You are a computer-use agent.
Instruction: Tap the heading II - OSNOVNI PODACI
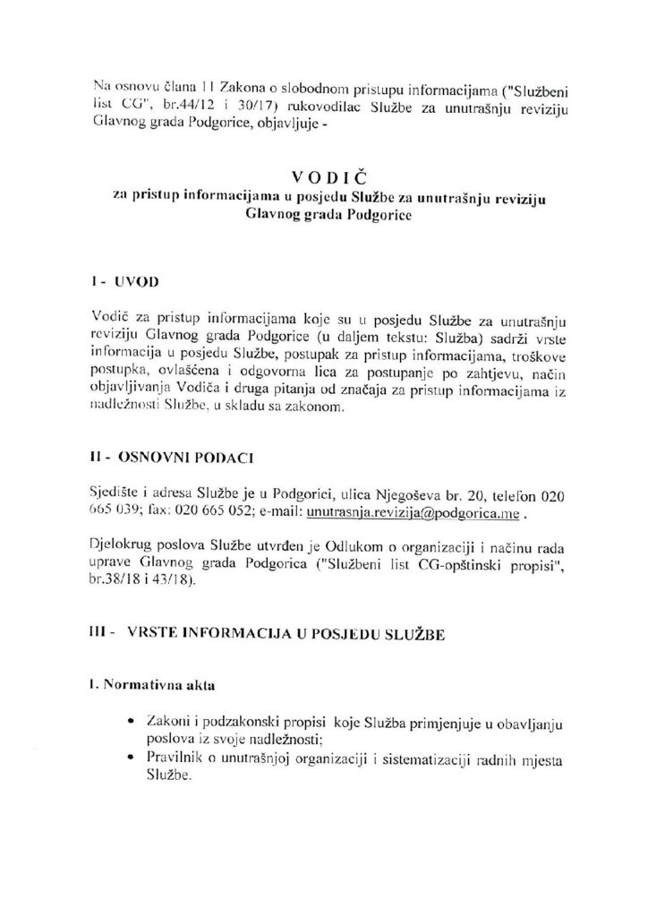tap(175, 459)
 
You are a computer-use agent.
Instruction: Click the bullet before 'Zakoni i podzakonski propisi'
tap(132, 721)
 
